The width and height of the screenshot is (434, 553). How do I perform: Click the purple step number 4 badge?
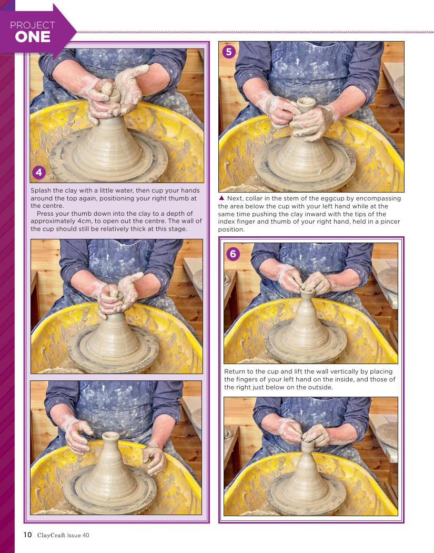(39, 172)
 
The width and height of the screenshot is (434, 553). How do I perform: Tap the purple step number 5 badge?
(229, 52)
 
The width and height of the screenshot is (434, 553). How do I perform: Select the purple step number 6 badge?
(233, 254)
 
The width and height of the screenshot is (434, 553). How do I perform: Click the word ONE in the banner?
(33, 37)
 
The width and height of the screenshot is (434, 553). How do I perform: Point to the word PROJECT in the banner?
(33, 25)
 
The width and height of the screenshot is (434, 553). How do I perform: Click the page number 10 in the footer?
(27, 535)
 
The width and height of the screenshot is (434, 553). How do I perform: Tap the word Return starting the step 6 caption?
(234, 371)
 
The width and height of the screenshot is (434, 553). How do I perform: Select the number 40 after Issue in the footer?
(85, 535)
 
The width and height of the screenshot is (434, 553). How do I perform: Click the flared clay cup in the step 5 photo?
(306, 105)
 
